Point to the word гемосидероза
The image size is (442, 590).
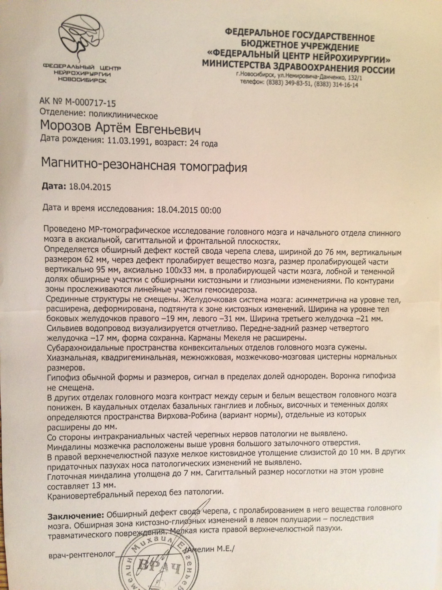click(x=229, y=290)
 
